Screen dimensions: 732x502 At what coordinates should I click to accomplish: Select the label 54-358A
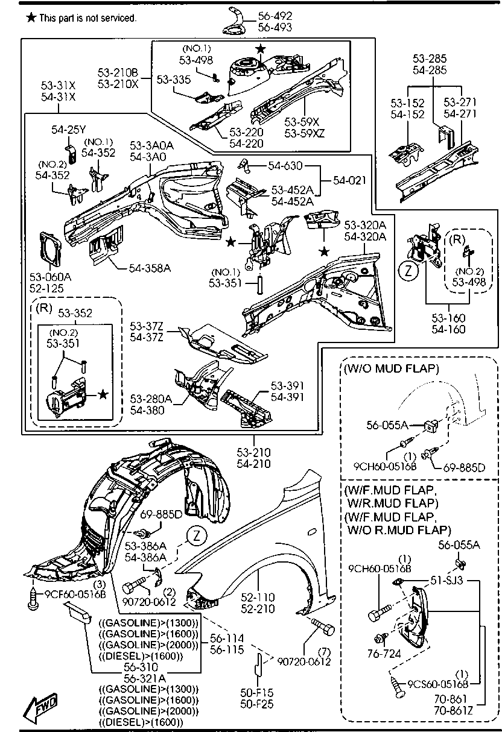pyautogui.click(x=149, y=267)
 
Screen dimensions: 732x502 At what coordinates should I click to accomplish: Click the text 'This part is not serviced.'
pyautogui.click(x=87, y=18)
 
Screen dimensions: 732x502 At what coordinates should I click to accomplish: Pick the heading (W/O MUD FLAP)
pyautogui.click(x=391, y=368)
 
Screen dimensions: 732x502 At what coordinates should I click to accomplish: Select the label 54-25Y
pyautogui.click(x=69, y=130)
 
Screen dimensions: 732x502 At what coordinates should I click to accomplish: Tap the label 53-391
pyautogui.click(x=287, y=386)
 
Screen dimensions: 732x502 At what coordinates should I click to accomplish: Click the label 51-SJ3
pyautogui.click(x=447, y=581)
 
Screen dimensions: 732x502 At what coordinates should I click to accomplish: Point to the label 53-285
pyautogui.click(x=429, y=58)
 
